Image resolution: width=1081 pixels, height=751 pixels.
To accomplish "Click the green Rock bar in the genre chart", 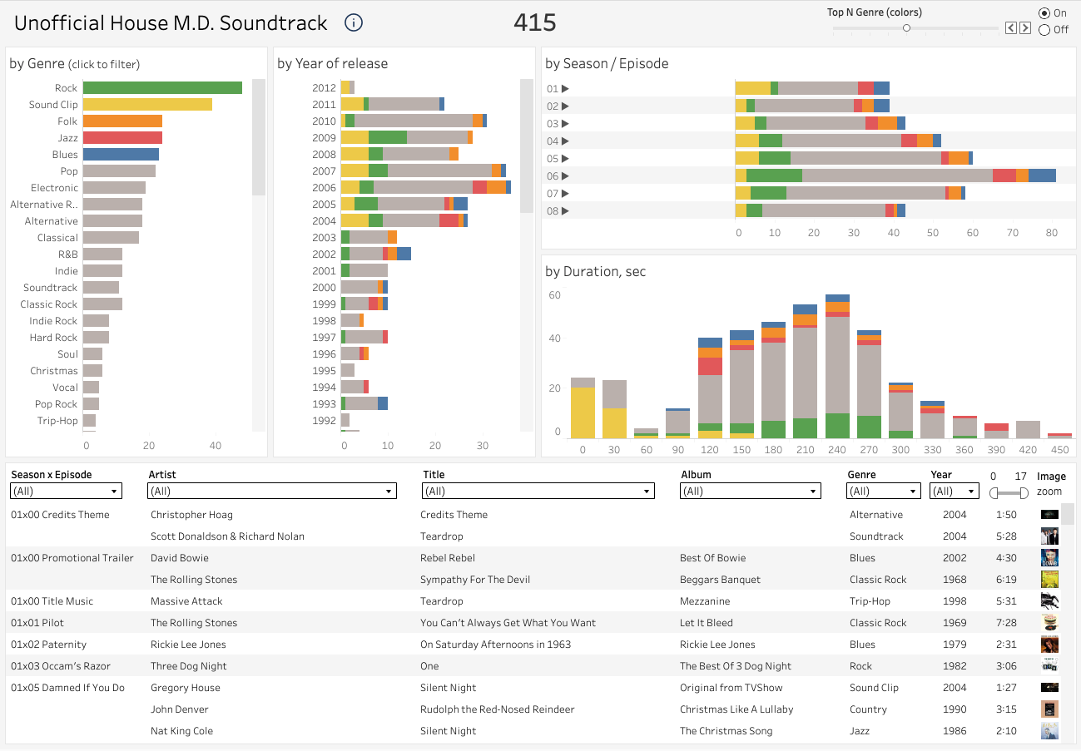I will [x=162, y=88].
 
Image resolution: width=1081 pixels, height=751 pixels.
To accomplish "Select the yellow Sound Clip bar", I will [x=147, y=105].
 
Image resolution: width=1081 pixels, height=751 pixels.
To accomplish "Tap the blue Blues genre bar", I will [x=121, y=155].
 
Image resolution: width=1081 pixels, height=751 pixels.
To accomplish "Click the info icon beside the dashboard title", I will [x=354, y=23].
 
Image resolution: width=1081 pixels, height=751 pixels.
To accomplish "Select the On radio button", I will [x=1044, y=13].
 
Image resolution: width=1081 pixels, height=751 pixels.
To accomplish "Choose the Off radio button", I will [x=1044, y=30].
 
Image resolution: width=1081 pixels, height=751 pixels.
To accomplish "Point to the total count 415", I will [x=534, y=23].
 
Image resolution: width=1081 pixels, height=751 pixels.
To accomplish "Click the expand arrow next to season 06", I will [x=566, y=176].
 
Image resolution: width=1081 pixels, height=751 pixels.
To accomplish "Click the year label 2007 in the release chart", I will [x=324, y=171].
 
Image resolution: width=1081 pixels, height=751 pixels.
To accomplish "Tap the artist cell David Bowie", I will [x=180, y=558].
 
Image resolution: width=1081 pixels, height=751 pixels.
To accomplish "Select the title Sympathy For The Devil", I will [x=475, y=580].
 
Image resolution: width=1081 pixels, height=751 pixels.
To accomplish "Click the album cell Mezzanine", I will [x=705, y=601].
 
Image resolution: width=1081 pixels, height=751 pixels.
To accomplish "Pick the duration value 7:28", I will [x=1006, y=623].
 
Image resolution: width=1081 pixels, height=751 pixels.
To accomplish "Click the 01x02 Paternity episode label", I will [x=49, y=645].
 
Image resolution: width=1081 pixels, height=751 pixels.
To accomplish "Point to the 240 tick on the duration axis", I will [x=837, y=450].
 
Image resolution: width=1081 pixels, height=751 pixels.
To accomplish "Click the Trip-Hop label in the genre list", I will [x=57, y=421].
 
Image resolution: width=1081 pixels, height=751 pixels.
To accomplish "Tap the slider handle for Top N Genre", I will [x=906, y=28].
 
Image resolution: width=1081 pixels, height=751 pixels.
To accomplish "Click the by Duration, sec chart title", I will [x=595, y=272].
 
